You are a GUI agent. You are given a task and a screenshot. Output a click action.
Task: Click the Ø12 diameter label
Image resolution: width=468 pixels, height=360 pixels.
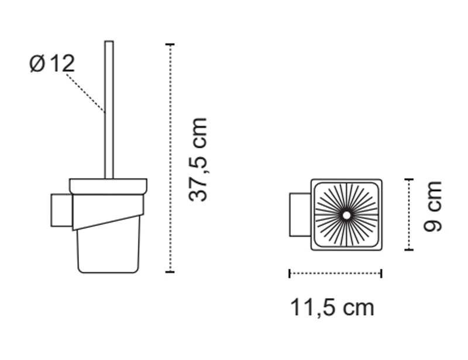[52, 63]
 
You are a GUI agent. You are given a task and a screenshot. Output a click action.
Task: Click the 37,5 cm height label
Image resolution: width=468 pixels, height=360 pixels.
[198, 160]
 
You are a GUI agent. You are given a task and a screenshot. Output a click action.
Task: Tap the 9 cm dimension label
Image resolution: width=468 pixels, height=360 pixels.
[432, 206]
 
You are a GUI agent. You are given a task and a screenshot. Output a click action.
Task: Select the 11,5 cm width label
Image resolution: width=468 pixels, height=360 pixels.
[332, 308]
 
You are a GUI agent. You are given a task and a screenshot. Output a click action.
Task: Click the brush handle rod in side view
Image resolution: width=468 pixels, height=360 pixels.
[109, 109]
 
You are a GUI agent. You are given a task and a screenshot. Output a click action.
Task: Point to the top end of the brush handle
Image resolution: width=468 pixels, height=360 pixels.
[109, 41]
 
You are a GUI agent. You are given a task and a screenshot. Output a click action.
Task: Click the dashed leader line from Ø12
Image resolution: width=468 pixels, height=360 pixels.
[85, 94]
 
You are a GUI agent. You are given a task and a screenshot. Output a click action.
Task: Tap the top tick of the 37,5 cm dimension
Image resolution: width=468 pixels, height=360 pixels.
[170, 44]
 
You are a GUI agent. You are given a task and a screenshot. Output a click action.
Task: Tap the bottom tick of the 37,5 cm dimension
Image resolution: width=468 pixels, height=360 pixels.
[170, 272]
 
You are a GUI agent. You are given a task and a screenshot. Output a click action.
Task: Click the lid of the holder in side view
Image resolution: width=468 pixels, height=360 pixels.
[108, 186]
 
